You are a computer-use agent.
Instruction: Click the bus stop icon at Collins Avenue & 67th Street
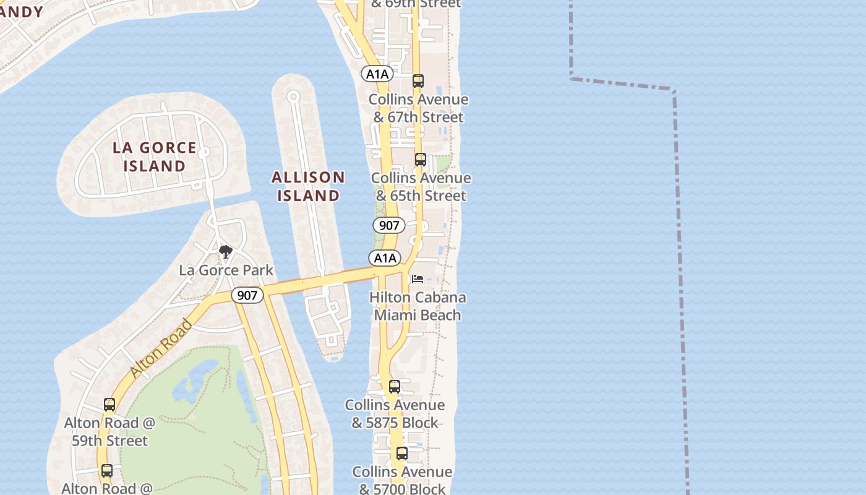click(x=418, y=81)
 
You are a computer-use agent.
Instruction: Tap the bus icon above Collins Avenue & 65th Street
click(x=421, y=160)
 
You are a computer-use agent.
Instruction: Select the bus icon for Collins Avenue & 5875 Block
click(x=395, y=387)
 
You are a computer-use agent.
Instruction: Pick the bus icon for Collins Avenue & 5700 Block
click(x=402, y=454)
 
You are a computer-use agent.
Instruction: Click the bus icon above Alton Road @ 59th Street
click(x=109, y=405)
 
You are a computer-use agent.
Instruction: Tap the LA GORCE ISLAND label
click(x=155, y=157)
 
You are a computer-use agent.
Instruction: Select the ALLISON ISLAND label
click(x=308, y=186)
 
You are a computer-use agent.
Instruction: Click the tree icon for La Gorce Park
click(x=226, y=252)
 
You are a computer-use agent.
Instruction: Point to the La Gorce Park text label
click(x=226, y=270)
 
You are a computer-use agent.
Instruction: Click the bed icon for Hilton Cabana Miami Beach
click(x=418, y=279)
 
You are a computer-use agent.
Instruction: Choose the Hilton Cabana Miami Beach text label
click(x=418, y=306)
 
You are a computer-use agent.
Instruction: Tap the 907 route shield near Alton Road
click(x=247, y=295)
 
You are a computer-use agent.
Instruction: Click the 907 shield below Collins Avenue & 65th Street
click(x=389, y=225)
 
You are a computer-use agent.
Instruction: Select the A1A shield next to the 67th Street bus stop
click(x=377, y=74)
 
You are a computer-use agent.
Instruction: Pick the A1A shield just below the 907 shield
click(x=385, y=257)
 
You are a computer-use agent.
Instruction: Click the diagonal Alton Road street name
click(x=161, y=348)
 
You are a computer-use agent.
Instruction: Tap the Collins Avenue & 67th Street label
click(x=418, y=108)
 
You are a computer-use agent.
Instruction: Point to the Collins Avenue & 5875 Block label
click(x=395, y=413)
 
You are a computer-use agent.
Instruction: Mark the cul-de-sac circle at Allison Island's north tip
click(x=293, y=96)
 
